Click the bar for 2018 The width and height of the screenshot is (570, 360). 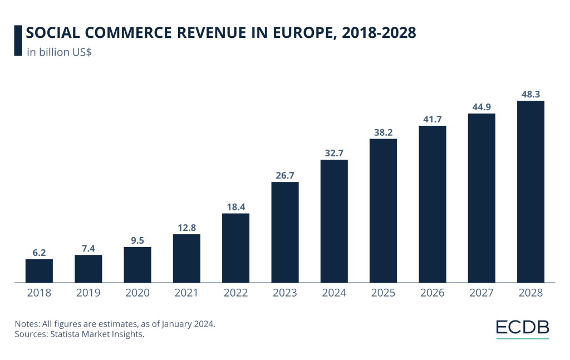39,271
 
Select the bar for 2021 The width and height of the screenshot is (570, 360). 186,258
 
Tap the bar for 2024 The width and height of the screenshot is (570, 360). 334,221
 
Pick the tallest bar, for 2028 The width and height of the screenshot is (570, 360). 530,191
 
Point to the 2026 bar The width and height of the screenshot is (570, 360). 433,204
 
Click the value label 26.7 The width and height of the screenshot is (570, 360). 285,176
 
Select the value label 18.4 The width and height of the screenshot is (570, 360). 235,207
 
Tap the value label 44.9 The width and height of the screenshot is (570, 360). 481,107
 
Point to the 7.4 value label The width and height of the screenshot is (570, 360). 88,249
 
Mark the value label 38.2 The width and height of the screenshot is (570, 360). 383,132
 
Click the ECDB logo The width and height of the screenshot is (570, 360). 522,328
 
